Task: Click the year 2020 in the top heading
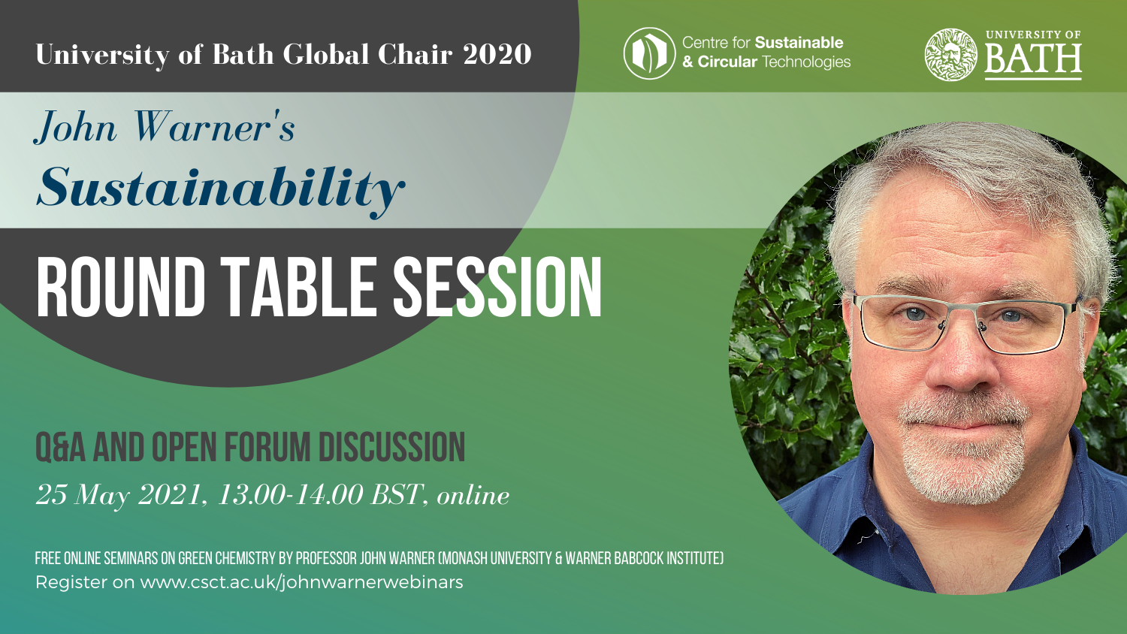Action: [x=497, y=54]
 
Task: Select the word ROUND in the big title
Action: [x=120, y=287]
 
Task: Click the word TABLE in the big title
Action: [x=298, y=287]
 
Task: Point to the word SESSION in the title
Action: [x=497, y=287]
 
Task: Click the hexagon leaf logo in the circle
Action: [x=649, y=53]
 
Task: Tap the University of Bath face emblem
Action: [x=950, y=54]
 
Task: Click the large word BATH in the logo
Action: [x=1033, y=59]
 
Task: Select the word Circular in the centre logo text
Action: [x=727, y=62]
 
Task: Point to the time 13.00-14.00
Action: [x=290, y=494]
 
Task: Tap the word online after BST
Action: [x=473, y=496]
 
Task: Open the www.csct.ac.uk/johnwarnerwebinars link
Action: [x=301, y=582]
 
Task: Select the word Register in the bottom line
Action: [x=71, y=583]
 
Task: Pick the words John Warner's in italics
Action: [x=165, y=127]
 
